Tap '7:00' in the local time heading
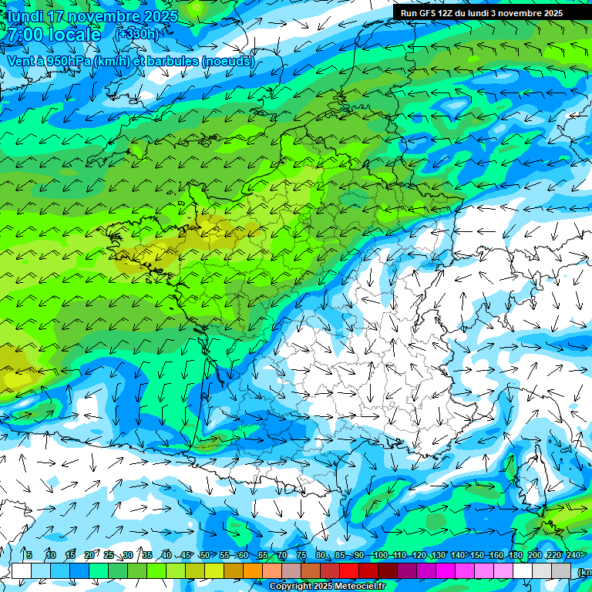pos(25,35)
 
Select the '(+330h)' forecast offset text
pos(136,34)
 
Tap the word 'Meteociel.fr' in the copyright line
pos(359,587)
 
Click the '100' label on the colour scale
pos(381,555)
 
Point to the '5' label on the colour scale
pos(29,555)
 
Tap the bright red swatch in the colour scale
pos(349,570)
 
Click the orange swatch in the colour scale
pos(253,570)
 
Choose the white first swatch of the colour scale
pos(22,570)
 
